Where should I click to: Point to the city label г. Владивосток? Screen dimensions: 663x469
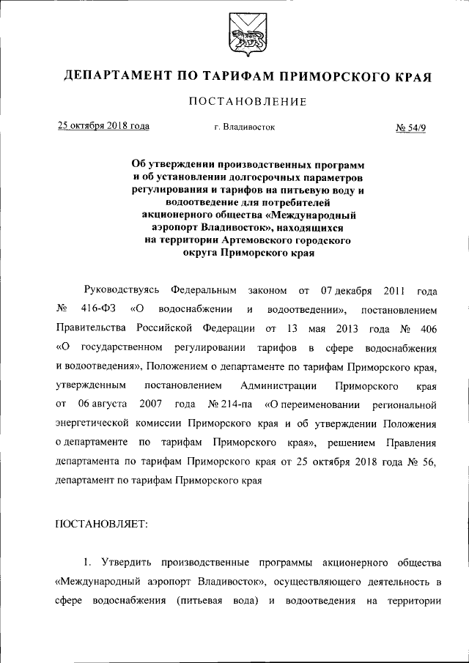click(x=245, y=127)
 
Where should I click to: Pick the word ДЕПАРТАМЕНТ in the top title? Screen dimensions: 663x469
click(x=117, y=76)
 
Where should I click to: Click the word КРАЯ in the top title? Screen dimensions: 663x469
click(x=410, y=76)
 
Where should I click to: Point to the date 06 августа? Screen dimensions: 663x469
click(x=103, y=404)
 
